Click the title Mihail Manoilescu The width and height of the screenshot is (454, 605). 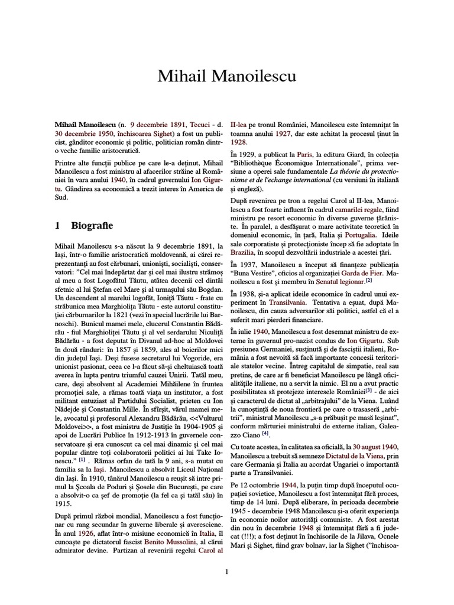(227, 76)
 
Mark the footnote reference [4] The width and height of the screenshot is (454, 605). (265, 433)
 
